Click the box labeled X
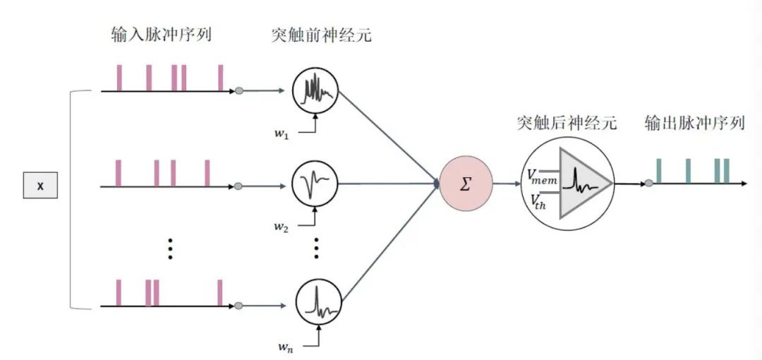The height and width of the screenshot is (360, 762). coord(40,186)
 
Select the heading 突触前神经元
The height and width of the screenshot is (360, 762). coord(320,34)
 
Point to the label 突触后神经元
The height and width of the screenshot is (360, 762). coord(567,124)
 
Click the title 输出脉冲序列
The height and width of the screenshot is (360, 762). coord(694,124)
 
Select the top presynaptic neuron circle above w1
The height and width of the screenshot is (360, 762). coord(315,91)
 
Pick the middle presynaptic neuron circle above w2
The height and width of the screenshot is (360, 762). coord(315,186)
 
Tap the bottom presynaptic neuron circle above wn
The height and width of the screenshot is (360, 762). coord(315,303)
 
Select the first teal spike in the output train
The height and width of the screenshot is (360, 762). coord(659,171)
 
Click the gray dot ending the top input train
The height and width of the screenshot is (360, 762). coord(239,91)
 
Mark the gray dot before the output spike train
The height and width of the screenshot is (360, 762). coord(648,184)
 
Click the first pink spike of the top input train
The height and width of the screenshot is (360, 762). coord(119,78)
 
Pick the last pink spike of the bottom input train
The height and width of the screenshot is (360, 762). coord(220,293)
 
